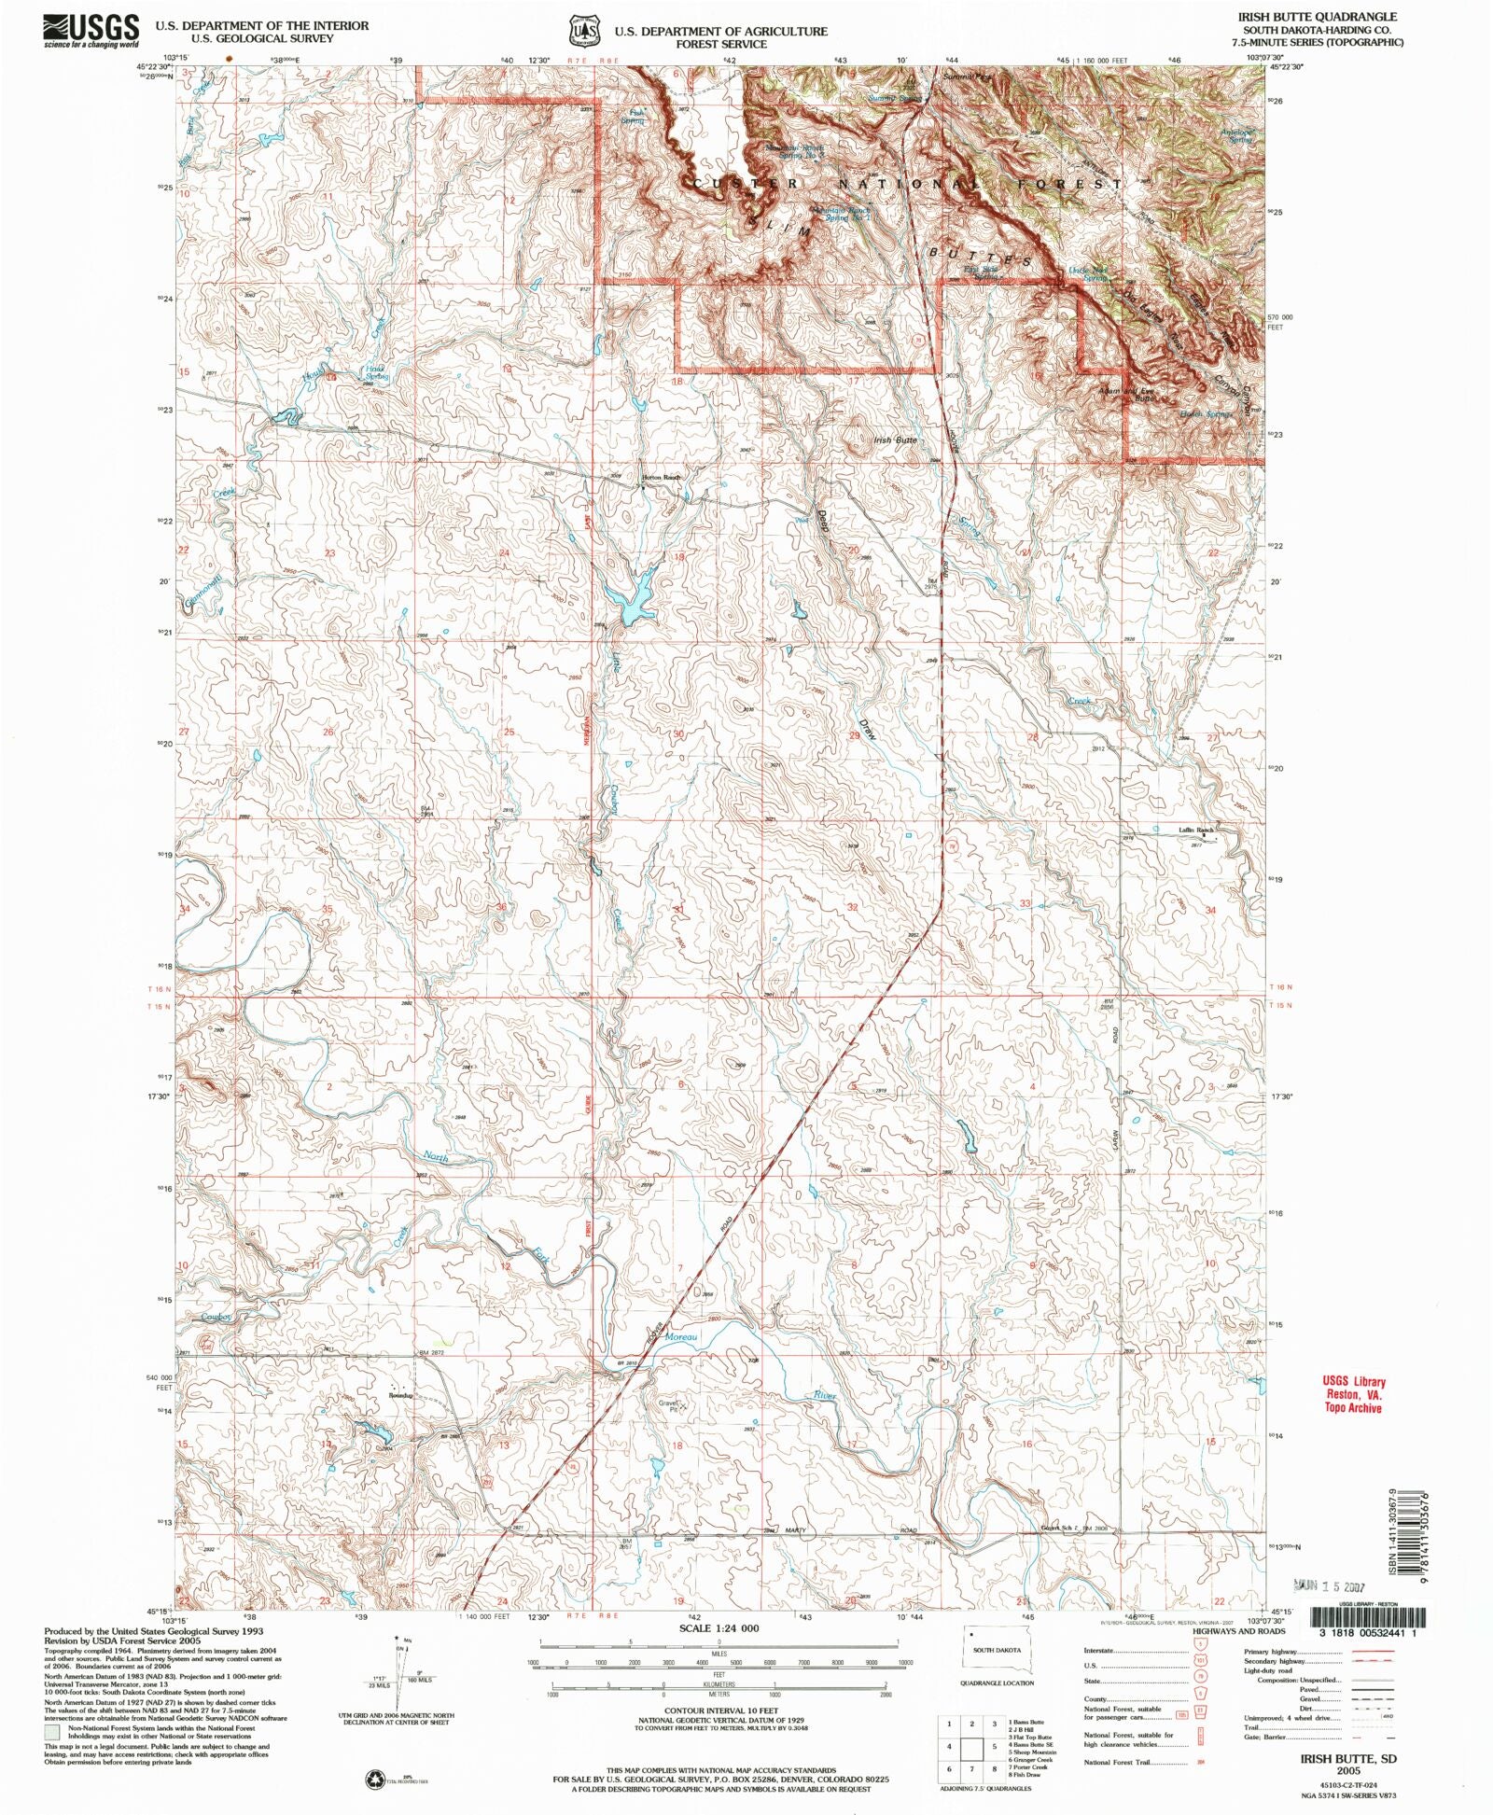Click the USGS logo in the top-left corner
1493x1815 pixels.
click(x=91, y=31)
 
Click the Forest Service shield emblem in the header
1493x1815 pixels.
click(x=585, y=30)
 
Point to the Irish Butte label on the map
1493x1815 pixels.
click(x=895, y=439)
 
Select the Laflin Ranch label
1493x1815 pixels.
click(x=1194, y=830)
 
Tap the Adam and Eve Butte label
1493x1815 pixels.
click(x=1126, y=394)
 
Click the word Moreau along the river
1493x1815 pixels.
click(x=680, y=1337)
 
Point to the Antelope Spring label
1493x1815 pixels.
click(x=1237, y=135)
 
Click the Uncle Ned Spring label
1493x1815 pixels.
click(x=1087, y=273)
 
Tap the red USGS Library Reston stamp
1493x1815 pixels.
click(x=1353, y=1394)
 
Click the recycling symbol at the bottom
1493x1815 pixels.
click(x=374, y=1781)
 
